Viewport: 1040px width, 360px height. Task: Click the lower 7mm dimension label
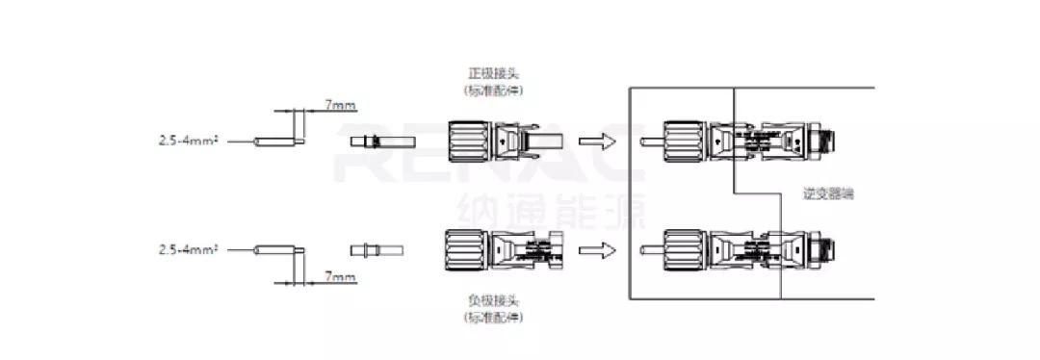tap(340, 277)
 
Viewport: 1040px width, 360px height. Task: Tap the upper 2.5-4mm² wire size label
tap(189, 141)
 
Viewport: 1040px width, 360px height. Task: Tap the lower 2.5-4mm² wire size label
tap(189, 249)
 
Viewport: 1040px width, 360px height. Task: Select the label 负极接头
tap(494, 300)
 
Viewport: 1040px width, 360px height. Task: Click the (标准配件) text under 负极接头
tap(493, 317)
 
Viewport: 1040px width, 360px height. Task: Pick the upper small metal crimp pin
tap(377, 141)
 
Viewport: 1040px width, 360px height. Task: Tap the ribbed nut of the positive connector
tap(468, 141)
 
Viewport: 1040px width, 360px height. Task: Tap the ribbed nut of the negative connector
tap(464, 250)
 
